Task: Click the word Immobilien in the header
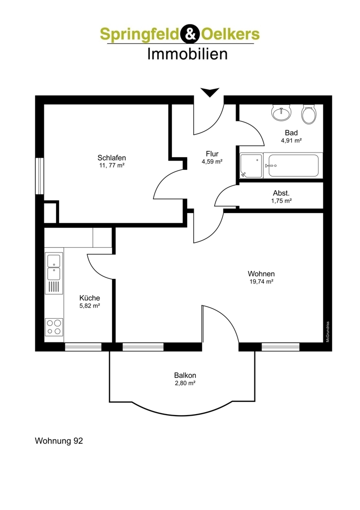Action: coord(187,54)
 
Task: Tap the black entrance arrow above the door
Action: coord(210,92)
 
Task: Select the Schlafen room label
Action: coord(112,158)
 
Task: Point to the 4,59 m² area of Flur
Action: coord(212,161)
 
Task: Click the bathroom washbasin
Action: coord(281,113)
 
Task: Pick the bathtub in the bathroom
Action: coord(293,166)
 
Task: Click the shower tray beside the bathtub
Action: coord(251,166)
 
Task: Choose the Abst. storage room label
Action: coord(281,193)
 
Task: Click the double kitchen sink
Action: coord(54,267)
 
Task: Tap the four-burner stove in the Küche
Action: coord(54,327)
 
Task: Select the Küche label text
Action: coord(90,298)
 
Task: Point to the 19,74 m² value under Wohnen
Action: coord(261,282)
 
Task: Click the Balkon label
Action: coord(185,376)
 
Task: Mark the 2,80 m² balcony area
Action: coord(185,383)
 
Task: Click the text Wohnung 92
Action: coord(59,441)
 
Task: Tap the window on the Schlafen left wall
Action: coord(39,176)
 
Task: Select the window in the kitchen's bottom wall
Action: coord(83,347)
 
